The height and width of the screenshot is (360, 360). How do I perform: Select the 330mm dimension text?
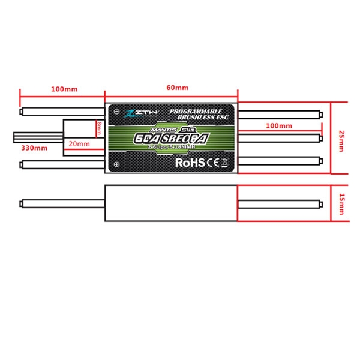34,147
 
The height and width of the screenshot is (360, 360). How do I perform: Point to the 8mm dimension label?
100,128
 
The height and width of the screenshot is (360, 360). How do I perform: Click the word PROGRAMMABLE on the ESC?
196,111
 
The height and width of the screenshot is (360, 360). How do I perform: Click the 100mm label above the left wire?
64,89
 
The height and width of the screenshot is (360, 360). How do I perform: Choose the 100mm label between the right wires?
278,127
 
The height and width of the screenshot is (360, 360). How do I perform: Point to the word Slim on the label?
187,128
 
